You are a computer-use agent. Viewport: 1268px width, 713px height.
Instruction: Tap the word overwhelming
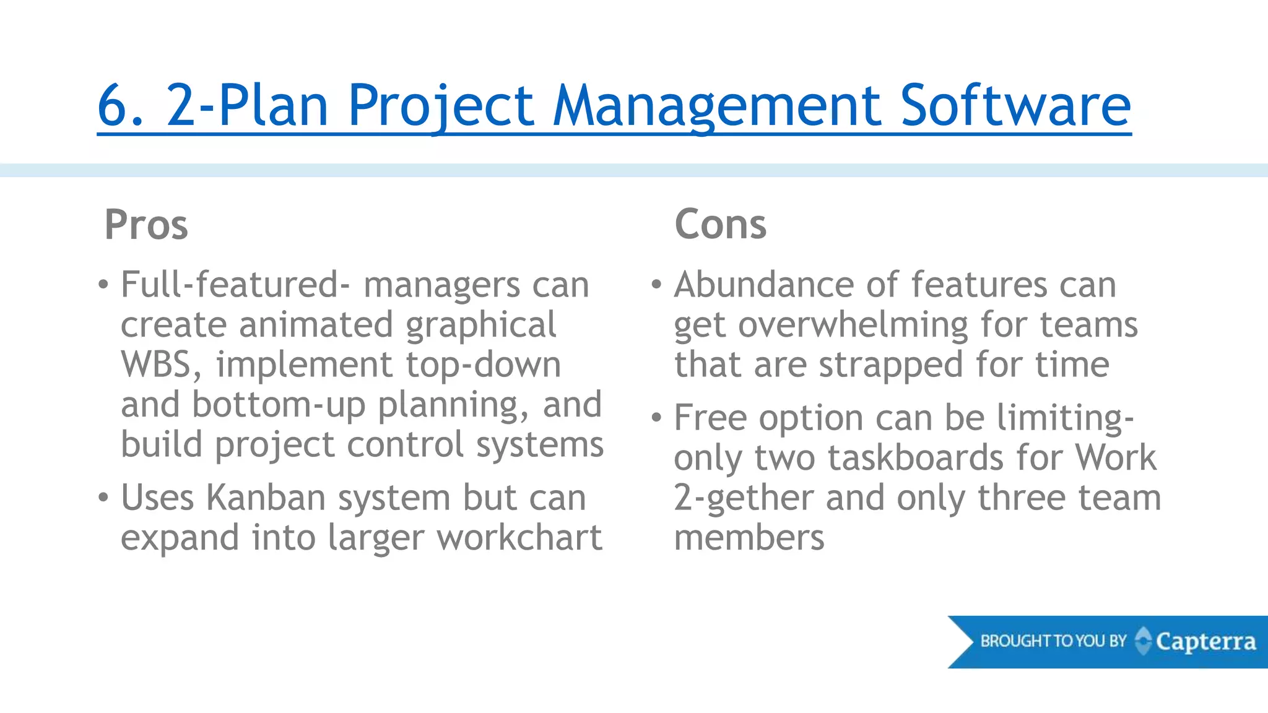[x=853, y=326]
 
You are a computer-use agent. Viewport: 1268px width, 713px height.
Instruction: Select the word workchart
[x=519, y=537]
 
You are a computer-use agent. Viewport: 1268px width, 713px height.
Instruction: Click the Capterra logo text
[x=1205, y=642]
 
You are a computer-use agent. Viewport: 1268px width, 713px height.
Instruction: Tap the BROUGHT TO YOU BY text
[x=1053, y=641]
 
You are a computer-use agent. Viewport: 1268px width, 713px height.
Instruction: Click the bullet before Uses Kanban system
[x=103, y=498]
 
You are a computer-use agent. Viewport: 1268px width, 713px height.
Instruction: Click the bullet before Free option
[x=657, y=418]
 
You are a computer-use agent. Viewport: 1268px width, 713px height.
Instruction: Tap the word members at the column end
[x=749, y=537]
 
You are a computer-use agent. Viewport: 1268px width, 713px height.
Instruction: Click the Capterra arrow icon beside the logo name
[x=1144, y=641]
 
